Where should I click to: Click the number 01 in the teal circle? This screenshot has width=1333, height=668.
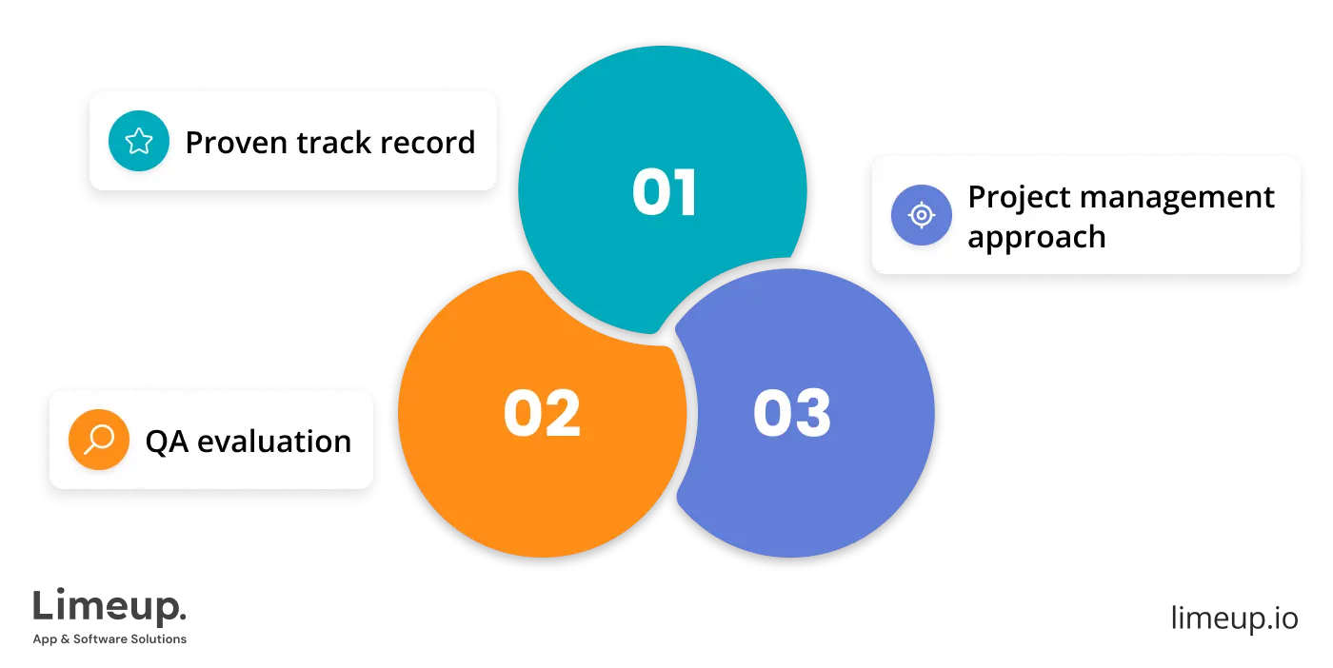click(665, 193)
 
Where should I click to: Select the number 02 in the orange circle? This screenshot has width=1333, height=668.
click(542, 414)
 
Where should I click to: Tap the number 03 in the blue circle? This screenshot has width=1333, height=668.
click(792, 414)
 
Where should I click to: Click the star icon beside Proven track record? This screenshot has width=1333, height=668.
click(139, 142)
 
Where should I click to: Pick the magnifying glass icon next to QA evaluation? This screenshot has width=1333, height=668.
click(99, 440)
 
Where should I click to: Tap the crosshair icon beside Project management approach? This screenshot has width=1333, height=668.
click(921, 215)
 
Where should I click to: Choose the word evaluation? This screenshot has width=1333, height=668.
click(274, 442)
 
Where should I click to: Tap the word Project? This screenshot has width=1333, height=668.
click(1012, 198)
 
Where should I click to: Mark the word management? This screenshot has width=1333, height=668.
click(1170, 198)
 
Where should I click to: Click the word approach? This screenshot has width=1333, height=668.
click(1036, 236)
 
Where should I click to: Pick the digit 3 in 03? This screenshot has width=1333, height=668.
click(812, 414)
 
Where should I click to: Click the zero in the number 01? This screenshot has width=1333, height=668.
click(650, 193)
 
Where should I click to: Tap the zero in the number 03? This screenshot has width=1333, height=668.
click(771, 414)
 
